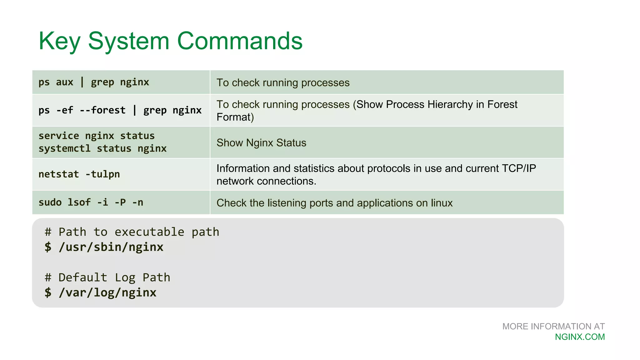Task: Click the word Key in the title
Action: coord(59,41)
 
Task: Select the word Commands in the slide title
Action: coord(240,41)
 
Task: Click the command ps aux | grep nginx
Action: coord(94,82)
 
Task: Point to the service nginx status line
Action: coord(97,136)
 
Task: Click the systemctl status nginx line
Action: coord(102,148)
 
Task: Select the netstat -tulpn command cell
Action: coord(79,174)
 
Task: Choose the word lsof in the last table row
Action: coord(79,202)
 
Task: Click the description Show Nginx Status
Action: coord(261,143)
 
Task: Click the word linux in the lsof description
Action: coord(442,203)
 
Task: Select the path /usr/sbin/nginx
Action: coord(111,247)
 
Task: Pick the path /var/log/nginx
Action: coord(107,293)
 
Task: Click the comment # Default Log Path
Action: coord(107,277)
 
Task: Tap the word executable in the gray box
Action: coord(149,232)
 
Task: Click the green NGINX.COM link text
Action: coord(580,337)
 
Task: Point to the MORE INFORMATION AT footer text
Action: coord(553,327)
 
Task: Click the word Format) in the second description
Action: coord(235,117)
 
